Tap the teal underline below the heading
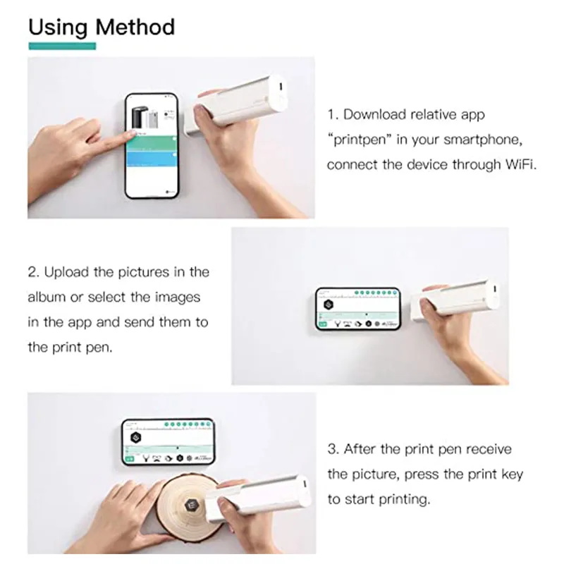coord(61,46)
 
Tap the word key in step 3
coord(513,474)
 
